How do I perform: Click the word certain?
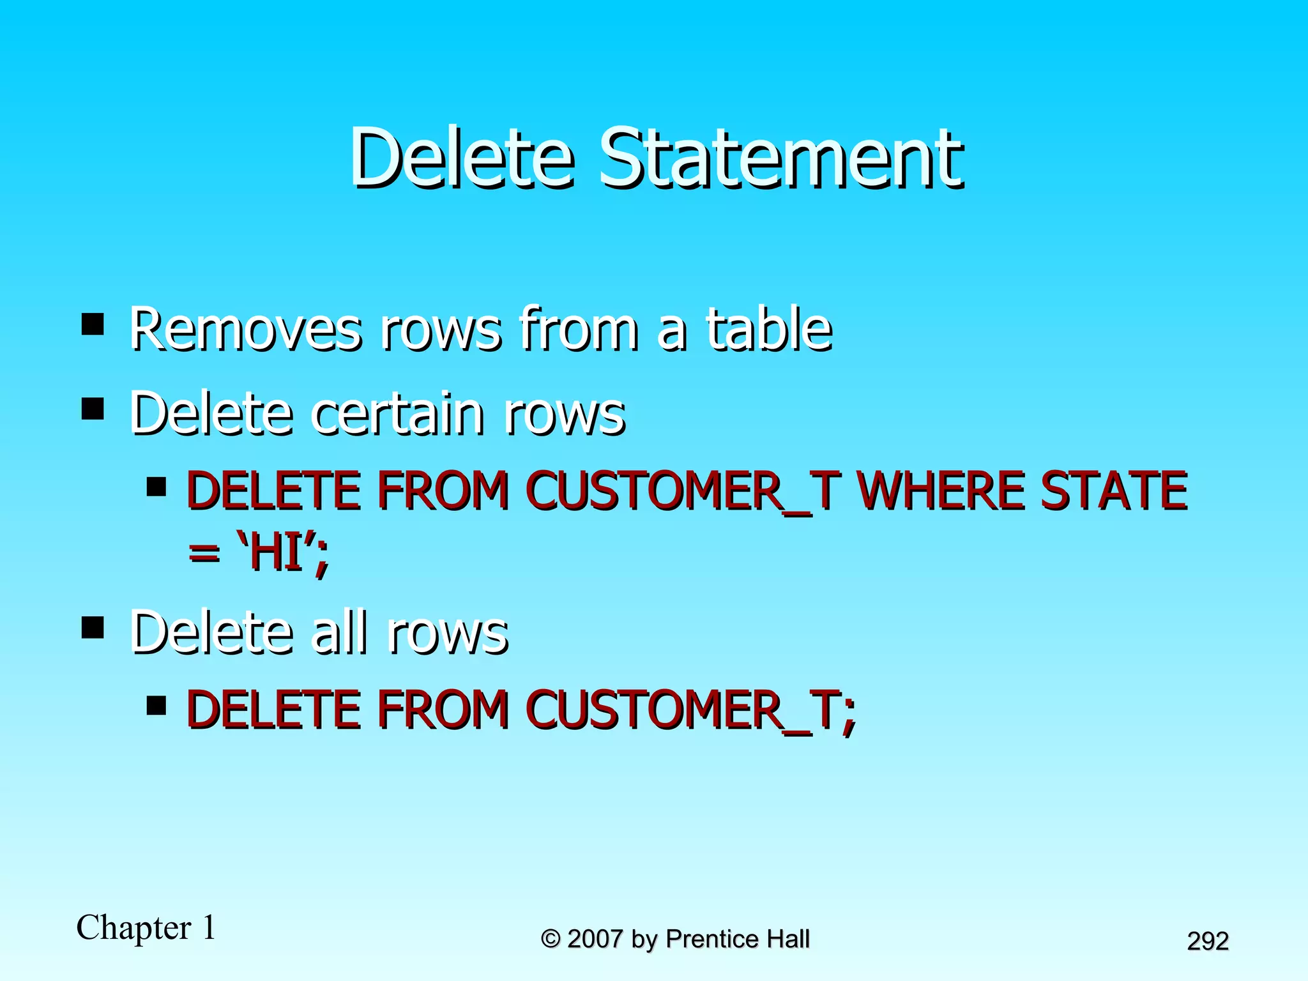(397, 414)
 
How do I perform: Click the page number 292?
(1208, 941)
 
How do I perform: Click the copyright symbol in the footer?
(551, 939)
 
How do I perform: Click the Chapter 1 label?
(146, 927)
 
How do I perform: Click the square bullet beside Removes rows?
(93, 324)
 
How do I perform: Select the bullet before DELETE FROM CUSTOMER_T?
(156, 706)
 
